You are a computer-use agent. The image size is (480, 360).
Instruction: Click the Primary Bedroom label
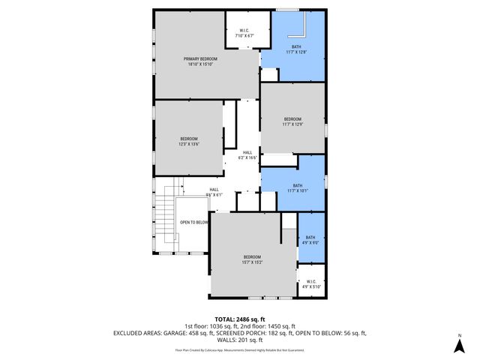(x=202, y=61)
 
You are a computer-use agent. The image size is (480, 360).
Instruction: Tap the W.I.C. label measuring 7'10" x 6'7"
(x=245, y=34)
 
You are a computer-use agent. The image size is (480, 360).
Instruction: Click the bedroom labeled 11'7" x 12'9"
(x=292, y=121)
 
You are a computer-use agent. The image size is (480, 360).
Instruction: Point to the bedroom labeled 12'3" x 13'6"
(x=188, y=142)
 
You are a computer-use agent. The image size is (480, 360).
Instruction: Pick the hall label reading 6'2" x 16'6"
(x=247, y=155)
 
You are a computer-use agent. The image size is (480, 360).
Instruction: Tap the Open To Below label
(x=193, y=223)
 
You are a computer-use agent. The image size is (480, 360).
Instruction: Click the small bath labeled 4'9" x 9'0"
(x=310, y=239)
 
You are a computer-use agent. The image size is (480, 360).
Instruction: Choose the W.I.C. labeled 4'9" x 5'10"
(x=310, y=284)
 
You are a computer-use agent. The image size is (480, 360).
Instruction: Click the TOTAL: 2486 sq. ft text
(x=240, y=319)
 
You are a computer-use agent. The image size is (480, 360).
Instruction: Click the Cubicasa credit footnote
(x=240, y=349)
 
